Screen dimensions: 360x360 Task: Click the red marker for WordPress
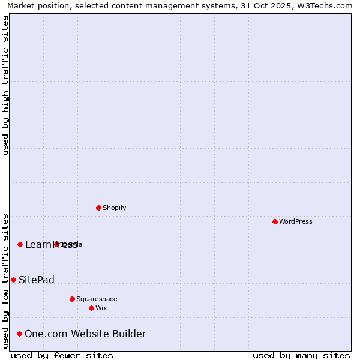click(x=275, y=221)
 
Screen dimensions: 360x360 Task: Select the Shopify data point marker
click(x=98, y=208)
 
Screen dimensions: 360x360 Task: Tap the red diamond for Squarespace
click(x=72, y=299)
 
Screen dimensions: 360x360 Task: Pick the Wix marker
click(x=91, y=308)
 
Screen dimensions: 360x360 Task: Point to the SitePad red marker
click(x=13, y=280)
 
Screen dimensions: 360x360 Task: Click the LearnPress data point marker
click(x=20, y=244)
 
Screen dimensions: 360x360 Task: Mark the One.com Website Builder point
click(x=19, y=334)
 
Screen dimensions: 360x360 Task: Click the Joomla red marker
click(x=56, y=244)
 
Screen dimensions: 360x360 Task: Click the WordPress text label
click(x=296, y=221)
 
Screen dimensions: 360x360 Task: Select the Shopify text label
click(x=114, y=208)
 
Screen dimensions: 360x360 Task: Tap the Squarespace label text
click(x=97, y=299)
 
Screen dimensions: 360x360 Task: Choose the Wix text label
click(x=101, y=308)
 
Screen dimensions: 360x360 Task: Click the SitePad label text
click(x=37, y=280)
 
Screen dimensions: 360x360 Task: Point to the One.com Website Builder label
click(x=85, y=334)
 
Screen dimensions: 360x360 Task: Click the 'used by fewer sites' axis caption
click(x=62, y=355)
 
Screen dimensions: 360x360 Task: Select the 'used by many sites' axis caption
click(x=301, y=355)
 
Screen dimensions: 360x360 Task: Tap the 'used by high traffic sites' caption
click(x=5, y=85)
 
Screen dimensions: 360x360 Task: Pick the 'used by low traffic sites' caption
click(x=5, y=281)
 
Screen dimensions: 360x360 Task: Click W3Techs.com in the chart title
click(x=323, y=5)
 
